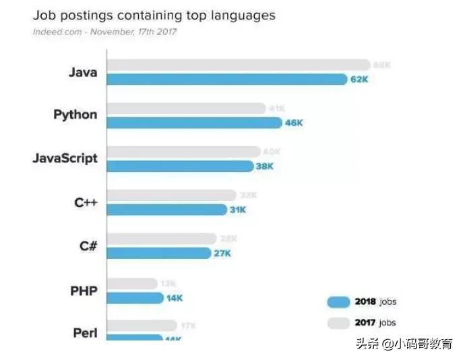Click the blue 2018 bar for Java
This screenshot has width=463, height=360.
pos(226,80)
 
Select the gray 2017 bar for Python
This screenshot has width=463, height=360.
pos(186,109)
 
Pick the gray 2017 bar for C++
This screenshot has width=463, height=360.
pos(171,196)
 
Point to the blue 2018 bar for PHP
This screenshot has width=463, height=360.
pos(135,297)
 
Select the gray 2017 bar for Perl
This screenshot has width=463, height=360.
pos(142,326)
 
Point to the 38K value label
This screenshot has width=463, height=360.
pos(264,166)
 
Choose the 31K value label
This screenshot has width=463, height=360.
pos(238,210)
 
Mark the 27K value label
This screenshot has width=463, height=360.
pos(222,253)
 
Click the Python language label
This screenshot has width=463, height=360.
pos(75,115)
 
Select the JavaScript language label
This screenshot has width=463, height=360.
pos(65,158)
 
